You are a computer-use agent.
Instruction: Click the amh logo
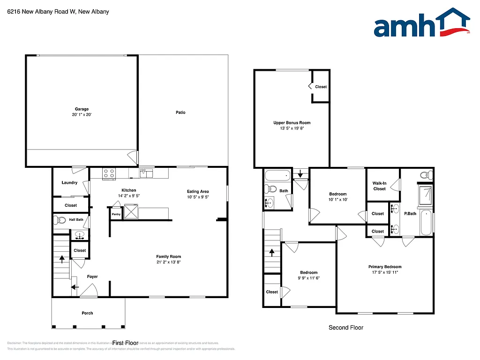[422, 23]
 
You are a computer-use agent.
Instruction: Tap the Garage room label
[82, 109]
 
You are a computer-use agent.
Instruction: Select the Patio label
[180, 112]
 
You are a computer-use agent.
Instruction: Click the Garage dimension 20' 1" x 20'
[82, 115]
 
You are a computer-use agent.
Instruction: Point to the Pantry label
[116, 214]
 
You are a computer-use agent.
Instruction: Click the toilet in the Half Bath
[60, 219]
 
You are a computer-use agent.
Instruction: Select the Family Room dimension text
[168, 262]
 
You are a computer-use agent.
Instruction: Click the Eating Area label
[198, 191]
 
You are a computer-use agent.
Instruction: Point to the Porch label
[87, 313]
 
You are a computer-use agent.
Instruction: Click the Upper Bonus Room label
[292, 123]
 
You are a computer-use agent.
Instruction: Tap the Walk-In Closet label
[379, 186]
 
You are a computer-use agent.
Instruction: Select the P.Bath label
[410, 214]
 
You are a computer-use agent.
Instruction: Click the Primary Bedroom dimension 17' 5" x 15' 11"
[384, 272]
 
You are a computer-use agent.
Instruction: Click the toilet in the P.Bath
[425, 175]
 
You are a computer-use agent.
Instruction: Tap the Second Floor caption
[345, 328]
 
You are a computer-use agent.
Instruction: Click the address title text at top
[58, 11]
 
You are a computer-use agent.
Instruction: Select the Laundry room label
[69, 183]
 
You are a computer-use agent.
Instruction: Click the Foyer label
[92, 277]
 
